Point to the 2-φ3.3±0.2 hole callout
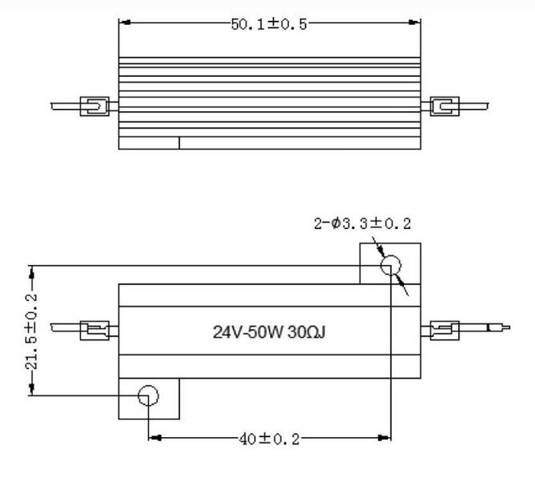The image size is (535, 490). (x=362, y=224)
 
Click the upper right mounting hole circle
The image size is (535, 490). (x=389, y=266)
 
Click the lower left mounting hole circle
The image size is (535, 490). (x=148, y=396)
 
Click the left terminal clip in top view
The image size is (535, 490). (x=95, y=106)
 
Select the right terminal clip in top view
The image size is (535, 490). (x=444, y=106)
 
